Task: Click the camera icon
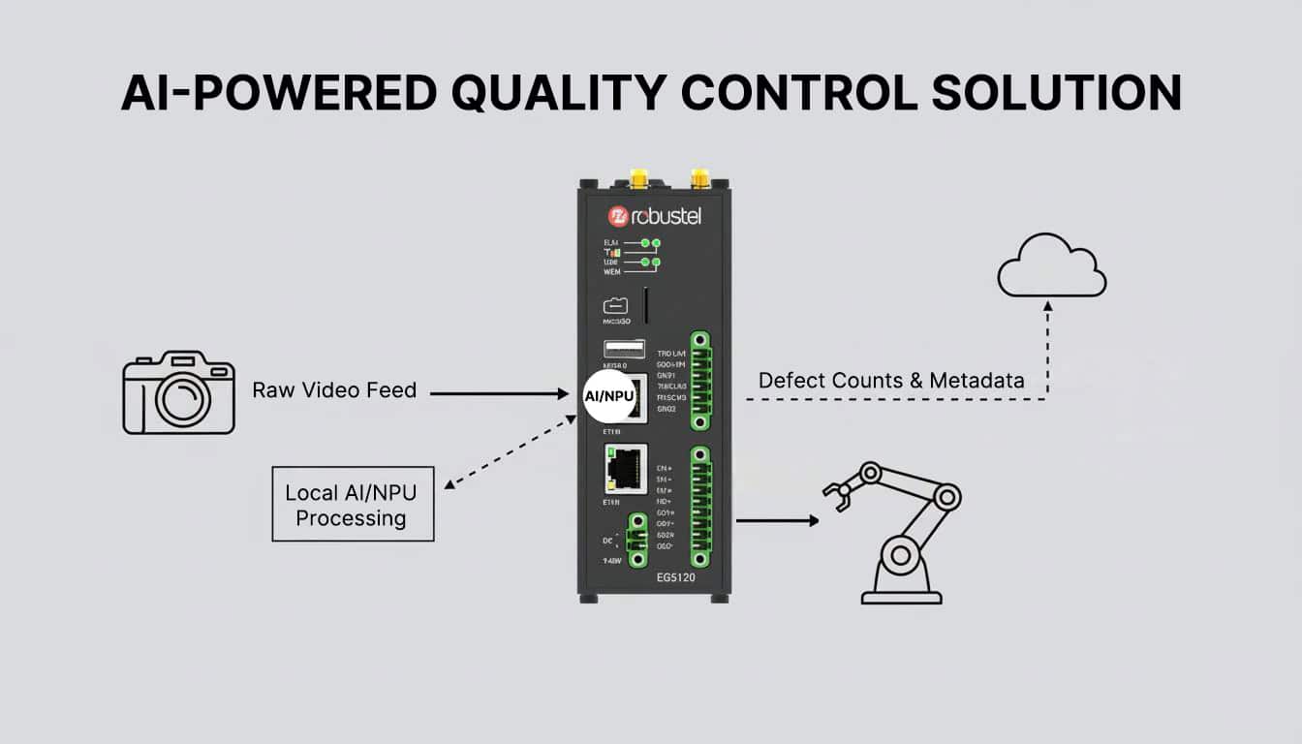pos(179,392)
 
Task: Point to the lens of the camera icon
pos(182,399)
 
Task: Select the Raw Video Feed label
pos(334,390)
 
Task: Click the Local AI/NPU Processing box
pos(352,505)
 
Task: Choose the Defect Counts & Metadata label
pos(891,381)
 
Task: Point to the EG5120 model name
pos(675,577)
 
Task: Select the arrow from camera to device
pos(498,393)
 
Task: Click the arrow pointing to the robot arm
pos(777,520)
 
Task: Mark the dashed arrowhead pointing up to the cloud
pos(1047,306)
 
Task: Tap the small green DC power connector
pos(636,539)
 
